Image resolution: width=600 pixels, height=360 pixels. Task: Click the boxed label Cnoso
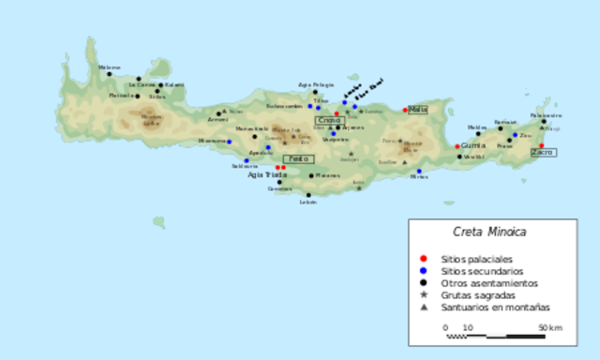pyautogui.click(x=329, y=120)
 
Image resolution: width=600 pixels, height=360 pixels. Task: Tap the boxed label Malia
pyautogui.click(x=418, y=109)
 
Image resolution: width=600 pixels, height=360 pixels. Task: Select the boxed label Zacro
pyautogui.click(x=543, y=152)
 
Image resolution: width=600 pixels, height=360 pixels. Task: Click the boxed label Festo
pyautogui.click(x=296, y=158)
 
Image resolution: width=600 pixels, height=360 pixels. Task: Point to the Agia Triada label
pyautogui.click(x=268, y=174)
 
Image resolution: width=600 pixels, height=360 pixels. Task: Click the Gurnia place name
pyautogui.click(x=473, y=146)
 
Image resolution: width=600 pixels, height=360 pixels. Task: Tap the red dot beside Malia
pyautogui.click(x=405, y=110)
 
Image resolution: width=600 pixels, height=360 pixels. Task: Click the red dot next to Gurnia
pyautogui.click(x=457, y=146)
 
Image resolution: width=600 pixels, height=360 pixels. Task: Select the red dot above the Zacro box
pyautogui.click(x=541, y=144)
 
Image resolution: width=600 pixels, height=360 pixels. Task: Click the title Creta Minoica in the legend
pyautogui.click(x=489, y=232)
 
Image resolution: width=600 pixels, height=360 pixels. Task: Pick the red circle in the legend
pyautogui.click(x=425, y=258)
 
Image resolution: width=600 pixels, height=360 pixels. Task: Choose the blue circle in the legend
pyautogui.click(x=425, y=270)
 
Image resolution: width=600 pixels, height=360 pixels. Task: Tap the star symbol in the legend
pyautogui.click(x=425, y=294)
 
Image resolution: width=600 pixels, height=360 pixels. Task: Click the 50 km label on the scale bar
pyautogui.click(x=549, y=327)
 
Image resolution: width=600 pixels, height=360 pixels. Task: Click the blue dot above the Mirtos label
pyautogui.click(x=419, y=172)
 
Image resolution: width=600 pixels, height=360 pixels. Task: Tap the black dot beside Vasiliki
pyautogui.click(x=460, y=157)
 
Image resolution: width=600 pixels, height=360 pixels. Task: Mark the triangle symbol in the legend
pyautogui.click(x=425, y=307)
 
